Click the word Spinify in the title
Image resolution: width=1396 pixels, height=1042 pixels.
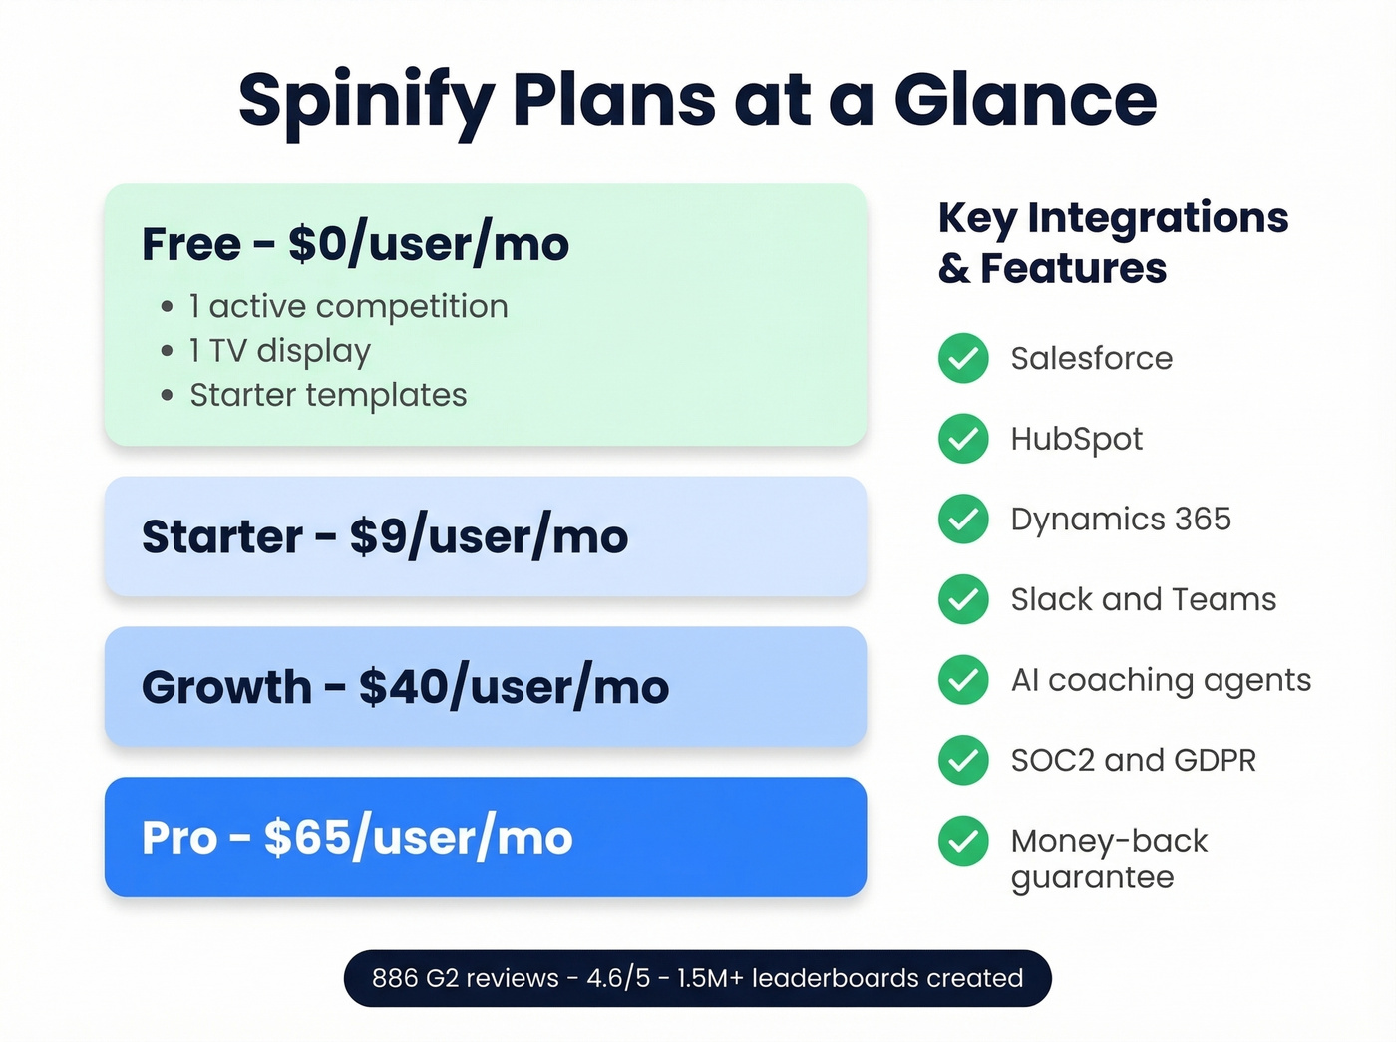pyautogui.click(x=366, y=101)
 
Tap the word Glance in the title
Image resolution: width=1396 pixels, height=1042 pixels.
pyautogui.click(x=1025, y=100)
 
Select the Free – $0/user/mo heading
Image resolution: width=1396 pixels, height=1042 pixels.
pyautogui.click(x=355, y=244)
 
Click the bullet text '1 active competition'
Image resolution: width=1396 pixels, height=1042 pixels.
pyautogui.click(x=349, y=306)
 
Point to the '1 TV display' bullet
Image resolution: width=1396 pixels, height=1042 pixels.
pyautogui.click(x=280, y=351)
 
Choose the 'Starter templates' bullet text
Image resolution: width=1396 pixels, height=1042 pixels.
pyautogui.click(x=328, y=395)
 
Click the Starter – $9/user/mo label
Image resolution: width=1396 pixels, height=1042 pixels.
pyautogui.click(x=385, y=537)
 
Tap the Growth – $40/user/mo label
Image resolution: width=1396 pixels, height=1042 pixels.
pyautogui.click(x=405, y=687)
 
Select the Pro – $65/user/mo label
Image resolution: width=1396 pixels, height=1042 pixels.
pyautogui.click(x=357, y=838)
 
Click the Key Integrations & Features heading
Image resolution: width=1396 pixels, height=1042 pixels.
pyautogui.click(x=1113, y=243)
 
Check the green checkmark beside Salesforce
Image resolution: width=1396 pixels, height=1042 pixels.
pyautogui.click(x=963, y=358)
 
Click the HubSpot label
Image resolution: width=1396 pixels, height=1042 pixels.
pyautogui.click(x=1076, y=439)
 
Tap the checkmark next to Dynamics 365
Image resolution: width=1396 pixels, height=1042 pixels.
pyautogui.click(x=963, y=520)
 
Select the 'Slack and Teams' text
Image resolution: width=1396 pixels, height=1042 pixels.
pyautogui.click(x=1143, y=599)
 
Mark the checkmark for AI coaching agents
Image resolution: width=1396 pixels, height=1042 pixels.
pyautogui.click(x=963, y=680)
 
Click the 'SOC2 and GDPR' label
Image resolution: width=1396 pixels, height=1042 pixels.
pyautogui.click(x=1133, y=761)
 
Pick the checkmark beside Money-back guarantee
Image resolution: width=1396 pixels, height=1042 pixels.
pyautogui.click(x=963, y=841)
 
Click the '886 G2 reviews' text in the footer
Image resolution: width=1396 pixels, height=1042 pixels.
pyautogui.click(x=465, y=978)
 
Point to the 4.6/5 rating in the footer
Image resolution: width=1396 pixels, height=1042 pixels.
pyautogui.click(x=618, y=978)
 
